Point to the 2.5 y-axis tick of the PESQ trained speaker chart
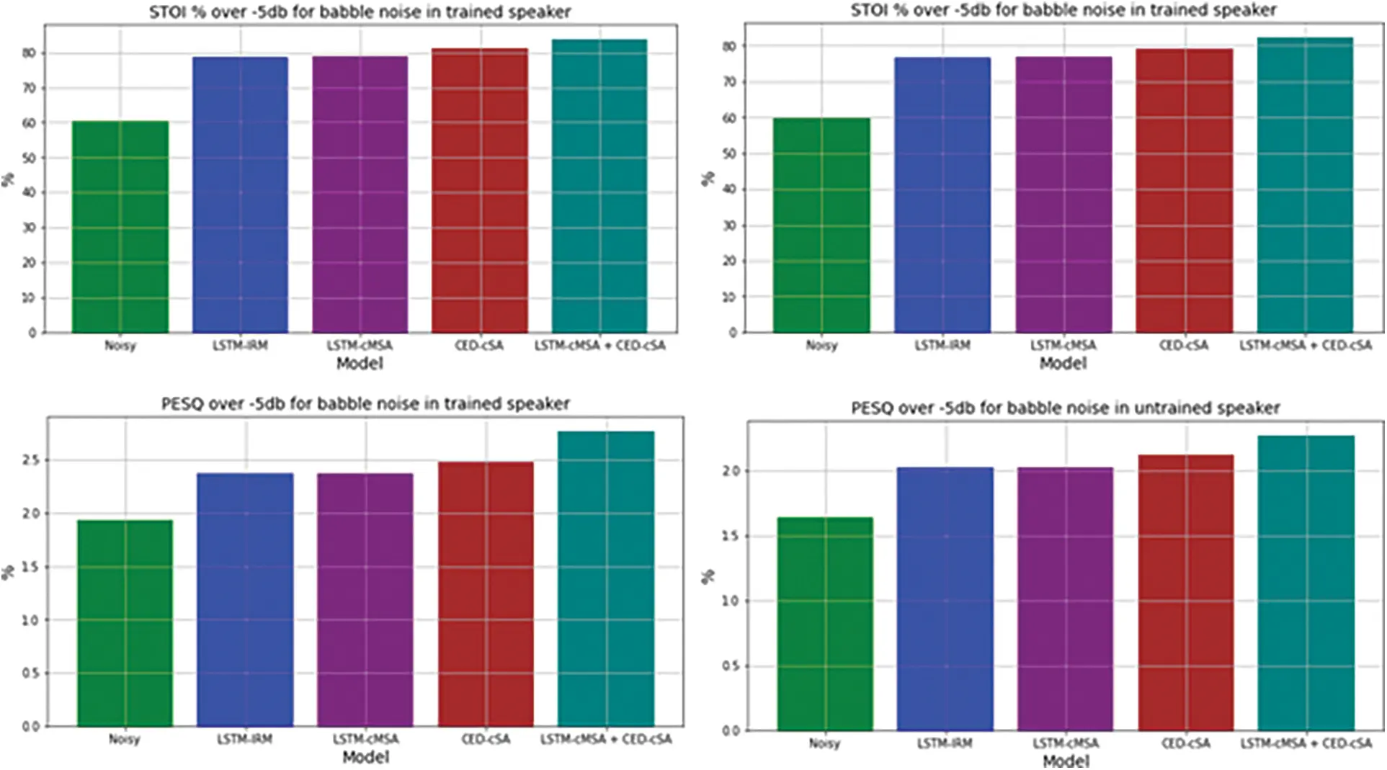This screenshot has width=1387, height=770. point(30,460)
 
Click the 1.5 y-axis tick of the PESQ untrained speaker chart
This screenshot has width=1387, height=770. point(731,537)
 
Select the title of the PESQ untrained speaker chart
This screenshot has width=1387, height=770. point(1065,408)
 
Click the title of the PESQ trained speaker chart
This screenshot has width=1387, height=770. point(365,404)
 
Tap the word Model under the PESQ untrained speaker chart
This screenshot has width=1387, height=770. point(1066,761)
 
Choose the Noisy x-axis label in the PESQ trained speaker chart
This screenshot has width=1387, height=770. point(123,740)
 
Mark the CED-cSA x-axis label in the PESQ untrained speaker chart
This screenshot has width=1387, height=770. point(1185,743)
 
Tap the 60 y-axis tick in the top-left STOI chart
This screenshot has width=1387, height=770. point(28,123)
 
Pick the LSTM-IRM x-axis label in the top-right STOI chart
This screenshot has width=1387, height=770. point(942,346)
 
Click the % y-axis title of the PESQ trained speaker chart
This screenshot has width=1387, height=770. point(8,573)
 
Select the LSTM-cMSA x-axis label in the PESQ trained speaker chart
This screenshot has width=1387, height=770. point(365,740)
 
